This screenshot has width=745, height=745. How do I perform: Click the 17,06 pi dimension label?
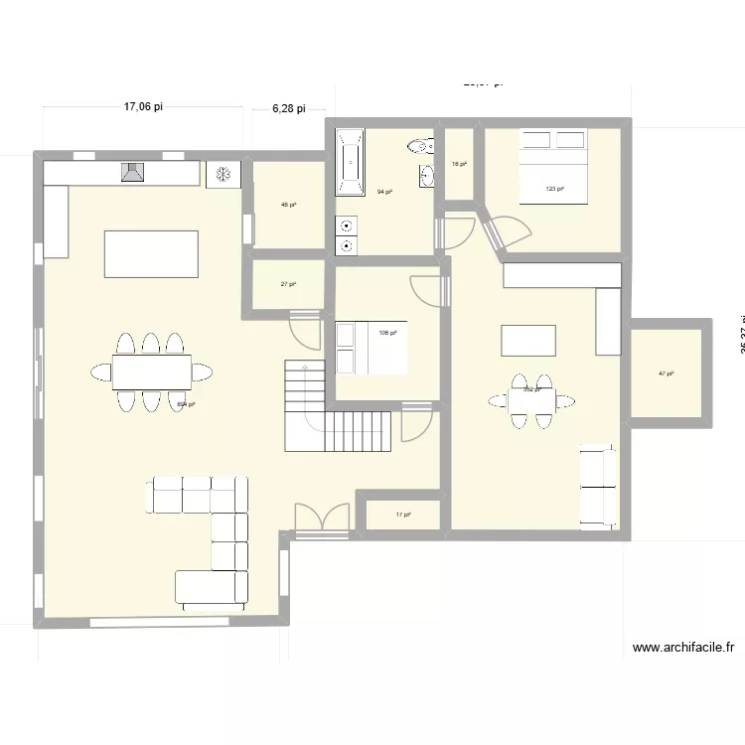pos(143,107)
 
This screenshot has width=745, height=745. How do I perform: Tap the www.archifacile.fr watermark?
pos(683,648)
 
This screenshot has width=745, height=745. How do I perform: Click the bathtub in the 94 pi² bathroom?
pos(350,162)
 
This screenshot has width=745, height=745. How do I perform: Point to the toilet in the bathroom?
pos(420,147)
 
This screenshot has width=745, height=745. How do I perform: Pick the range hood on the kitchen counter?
pos(132,174)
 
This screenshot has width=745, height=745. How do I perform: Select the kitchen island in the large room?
pos(151,253)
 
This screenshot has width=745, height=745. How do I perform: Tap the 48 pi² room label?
pos(288,206)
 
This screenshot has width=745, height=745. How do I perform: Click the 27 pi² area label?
pos(288,284)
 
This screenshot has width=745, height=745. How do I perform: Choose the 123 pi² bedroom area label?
pos(554,189)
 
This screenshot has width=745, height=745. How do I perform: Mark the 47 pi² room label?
pos(666,373)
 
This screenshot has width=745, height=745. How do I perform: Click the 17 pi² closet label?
pos(402,515)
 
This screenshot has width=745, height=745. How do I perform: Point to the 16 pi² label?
pos(459,164)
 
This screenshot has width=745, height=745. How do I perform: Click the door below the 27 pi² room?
pos(304,328)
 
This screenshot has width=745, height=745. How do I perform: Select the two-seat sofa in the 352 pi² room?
pos(599,486)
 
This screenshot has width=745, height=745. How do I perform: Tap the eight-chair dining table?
pos(151,372)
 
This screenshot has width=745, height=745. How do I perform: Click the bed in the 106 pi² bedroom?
pos(372,348)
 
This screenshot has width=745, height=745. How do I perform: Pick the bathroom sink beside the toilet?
pos(428,176)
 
